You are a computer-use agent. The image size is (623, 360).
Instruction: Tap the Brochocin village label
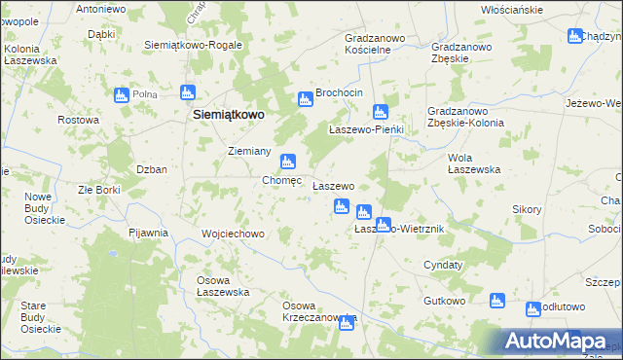pos(338,91)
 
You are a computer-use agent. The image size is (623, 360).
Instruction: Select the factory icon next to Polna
pos(122,95)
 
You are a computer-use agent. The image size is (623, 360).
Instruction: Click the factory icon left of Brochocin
pos(305,98)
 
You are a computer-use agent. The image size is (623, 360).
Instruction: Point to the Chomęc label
pos(282,180)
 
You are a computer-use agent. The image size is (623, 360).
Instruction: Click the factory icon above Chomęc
pos(287,162)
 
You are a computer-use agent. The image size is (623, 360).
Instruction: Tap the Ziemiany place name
pos(248,151)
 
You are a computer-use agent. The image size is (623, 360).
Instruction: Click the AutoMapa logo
pos(556,341)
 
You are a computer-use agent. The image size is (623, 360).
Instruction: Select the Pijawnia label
pos(149,233)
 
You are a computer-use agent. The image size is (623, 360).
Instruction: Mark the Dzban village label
pos(151,168)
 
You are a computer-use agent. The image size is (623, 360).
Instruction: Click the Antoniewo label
pos(101,9)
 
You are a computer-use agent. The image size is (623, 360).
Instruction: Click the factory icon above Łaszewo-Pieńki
pos(381,112)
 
